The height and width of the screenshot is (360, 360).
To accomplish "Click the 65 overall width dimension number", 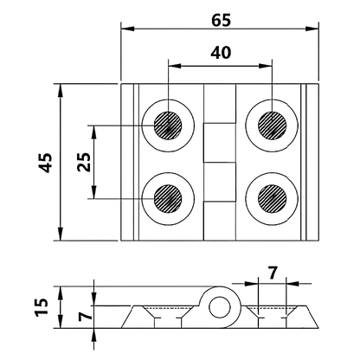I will tap(219, 15).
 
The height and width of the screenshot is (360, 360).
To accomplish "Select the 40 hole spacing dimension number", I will tap(220, 52).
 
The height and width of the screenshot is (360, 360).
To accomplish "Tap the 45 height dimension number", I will tap(45, 162).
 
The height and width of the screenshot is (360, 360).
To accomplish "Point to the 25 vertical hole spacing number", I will tap(82, 162).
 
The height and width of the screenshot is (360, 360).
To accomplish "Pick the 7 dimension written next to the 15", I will tap(83, 317).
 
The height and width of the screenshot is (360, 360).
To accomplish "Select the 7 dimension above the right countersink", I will tap(272, 274).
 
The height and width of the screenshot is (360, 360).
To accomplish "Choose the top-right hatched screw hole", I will tap(272, 126).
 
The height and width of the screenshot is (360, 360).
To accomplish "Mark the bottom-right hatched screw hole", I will tap(272, 198).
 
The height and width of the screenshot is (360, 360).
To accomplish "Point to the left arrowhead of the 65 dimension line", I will tap(125, 29).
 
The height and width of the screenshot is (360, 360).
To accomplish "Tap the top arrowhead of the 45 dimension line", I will tap(61, 89).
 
